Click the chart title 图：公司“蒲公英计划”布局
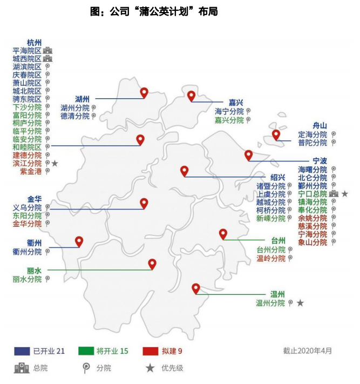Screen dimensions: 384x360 (154, 11)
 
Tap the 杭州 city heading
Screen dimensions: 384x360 (34, 42)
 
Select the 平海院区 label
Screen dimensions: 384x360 (27, 50)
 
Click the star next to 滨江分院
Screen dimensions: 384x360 (55, 163)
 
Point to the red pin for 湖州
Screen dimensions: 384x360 (144, 92)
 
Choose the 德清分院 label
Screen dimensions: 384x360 (75, 116)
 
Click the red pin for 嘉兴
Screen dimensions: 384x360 (191, 96)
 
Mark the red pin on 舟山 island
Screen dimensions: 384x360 (276, 134)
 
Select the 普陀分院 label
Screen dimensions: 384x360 (313, 143)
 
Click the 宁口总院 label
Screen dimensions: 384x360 (313, 193)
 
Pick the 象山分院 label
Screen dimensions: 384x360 (313, 242)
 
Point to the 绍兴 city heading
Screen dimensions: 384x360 (277, 177)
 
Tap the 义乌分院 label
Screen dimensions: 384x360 (27, 207)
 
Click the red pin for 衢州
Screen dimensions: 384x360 (79, 241)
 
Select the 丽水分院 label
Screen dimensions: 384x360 (27, 279)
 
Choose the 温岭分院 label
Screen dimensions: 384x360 (271, 258)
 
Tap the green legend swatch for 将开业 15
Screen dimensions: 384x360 (87, 351)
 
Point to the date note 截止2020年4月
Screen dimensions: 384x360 (308, 351)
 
